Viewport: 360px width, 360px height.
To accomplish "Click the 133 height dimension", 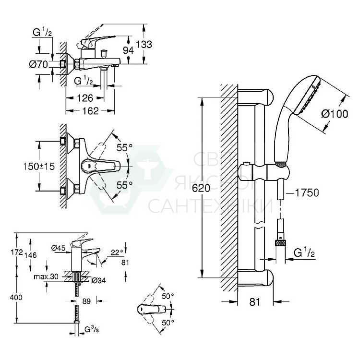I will (144, 44).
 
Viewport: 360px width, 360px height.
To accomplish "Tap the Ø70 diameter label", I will (39, 65).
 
